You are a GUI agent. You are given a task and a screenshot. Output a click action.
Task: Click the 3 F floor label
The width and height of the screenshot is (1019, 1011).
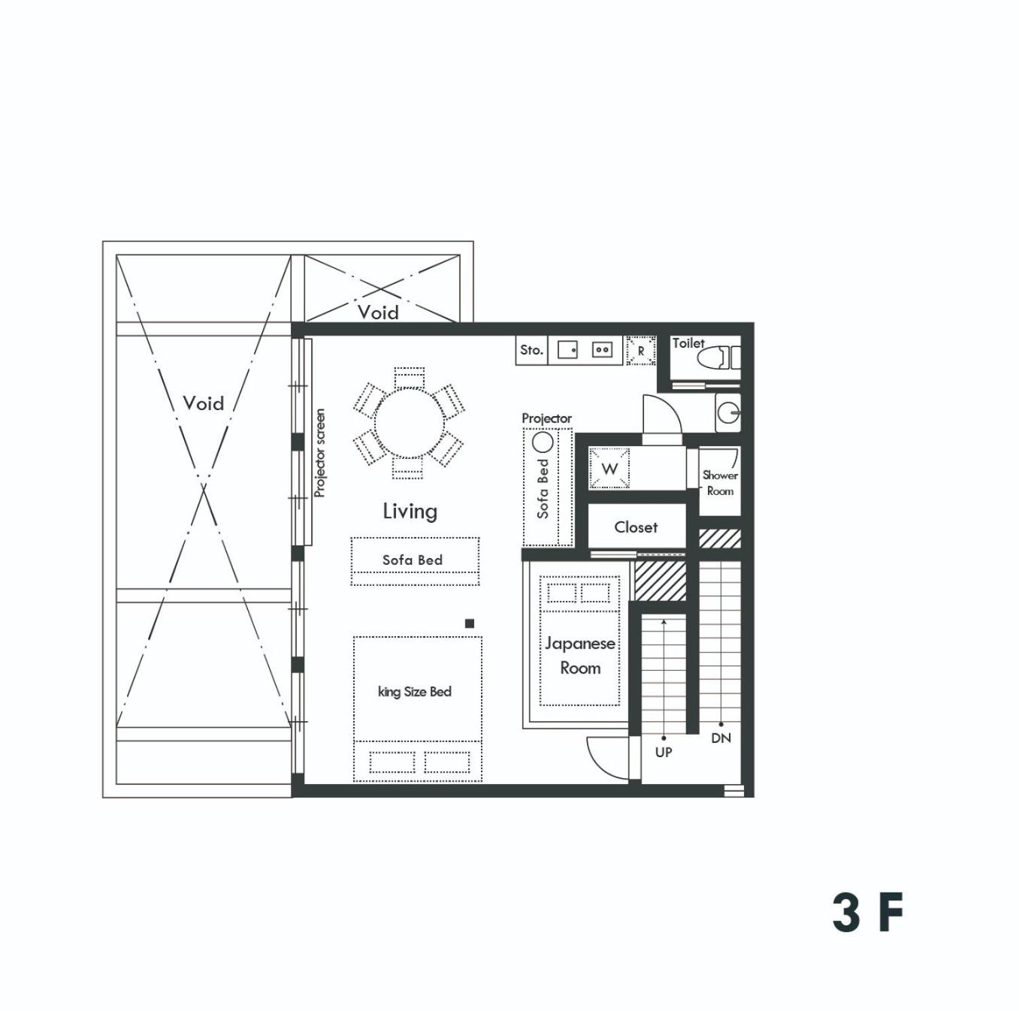point(867,913)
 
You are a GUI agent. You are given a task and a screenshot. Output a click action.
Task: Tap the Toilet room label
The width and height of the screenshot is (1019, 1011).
point(688,343)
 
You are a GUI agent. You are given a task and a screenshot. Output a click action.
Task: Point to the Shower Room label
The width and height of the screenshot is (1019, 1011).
point(720,483)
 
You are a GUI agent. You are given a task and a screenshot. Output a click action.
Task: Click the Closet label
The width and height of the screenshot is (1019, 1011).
point(636,527)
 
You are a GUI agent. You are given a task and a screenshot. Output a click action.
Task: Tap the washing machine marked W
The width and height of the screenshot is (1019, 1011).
point(609,468)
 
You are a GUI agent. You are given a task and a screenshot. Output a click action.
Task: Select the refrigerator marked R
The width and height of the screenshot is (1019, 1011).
point(641,351)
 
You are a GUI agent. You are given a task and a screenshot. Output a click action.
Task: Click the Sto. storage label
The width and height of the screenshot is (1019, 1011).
point(531,350)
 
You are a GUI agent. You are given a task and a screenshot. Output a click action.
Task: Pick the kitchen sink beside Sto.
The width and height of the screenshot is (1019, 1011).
point(567,350)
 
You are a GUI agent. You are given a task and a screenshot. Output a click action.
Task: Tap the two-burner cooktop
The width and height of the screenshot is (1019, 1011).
point(602,350)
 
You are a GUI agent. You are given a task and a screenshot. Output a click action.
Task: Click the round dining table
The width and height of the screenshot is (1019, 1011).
point(409,424)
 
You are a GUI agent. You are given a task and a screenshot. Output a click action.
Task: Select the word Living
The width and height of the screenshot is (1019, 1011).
point(410,512)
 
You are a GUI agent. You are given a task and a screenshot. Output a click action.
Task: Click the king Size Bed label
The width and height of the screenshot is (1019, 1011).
point(415,692)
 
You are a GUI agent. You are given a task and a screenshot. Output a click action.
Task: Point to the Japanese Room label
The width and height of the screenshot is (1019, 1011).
point(580,656)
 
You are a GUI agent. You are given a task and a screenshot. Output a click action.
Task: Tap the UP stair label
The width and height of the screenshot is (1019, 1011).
point(663,752)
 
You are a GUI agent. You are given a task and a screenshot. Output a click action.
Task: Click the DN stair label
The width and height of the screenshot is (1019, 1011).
point(721,738)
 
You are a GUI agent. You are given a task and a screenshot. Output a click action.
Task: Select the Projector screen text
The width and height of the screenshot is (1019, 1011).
point(319,453)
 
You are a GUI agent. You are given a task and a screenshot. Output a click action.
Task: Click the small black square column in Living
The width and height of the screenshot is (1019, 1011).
point(470,623)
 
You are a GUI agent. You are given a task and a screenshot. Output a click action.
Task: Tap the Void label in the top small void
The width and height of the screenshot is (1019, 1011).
point(378,312)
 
